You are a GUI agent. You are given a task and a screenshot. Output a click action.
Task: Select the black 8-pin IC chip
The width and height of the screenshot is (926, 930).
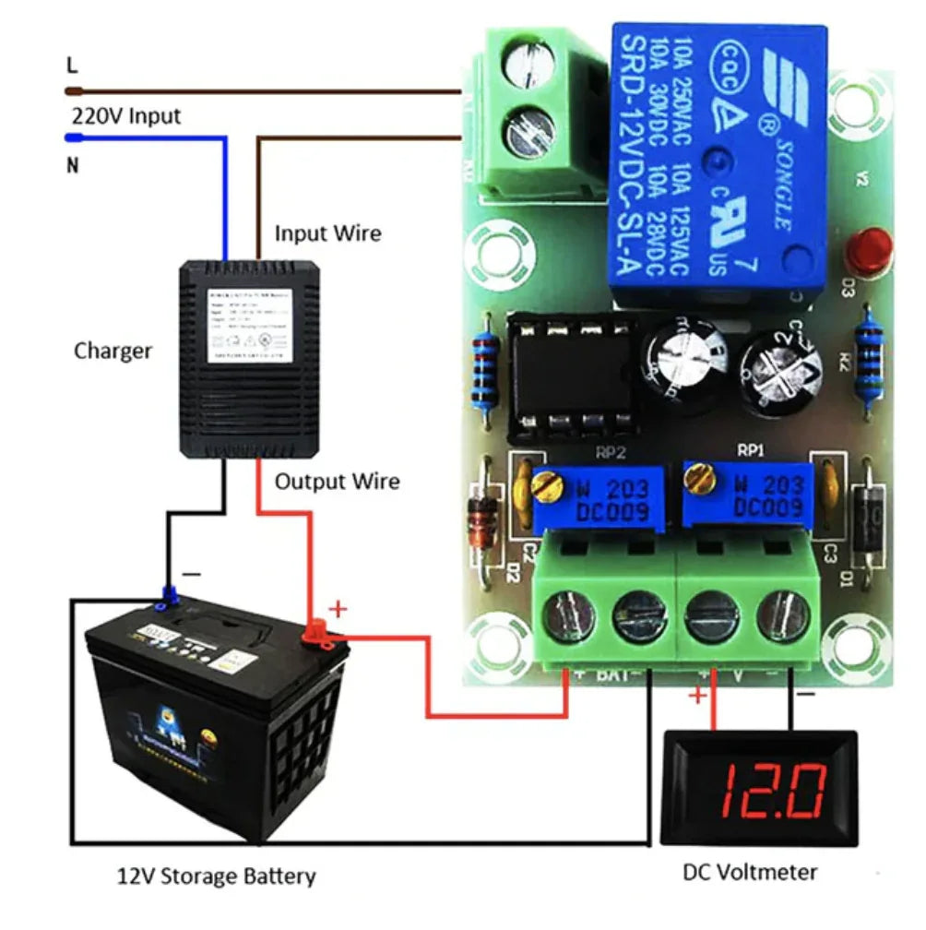[x=573, y=375]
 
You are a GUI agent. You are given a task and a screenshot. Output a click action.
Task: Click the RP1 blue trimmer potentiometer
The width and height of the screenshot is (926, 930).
[x=747, y=495]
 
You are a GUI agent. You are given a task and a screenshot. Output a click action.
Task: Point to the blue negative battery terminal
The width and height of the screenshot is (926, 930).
[x=169, y=597]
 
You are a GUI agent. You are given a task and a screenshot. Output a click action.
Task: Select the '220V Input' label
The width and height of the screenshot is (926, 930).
[x=126, y=116]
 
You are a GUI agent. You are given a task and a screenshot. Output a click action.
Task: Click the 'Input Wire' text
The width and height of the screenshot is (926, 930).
[x=327, y=233]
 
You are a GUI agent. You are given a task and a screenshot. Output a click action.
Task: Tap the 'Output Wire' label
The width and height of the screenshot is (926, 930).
[x=338, y=482]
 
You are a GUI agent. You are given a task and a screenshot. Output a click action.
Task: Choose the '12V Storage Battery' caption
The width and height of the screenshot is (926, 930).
[x=217, y=876]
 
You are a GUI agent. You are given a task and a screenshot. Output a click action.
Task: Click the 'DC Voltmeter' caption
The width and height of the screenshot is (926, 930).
[x=750, y=872]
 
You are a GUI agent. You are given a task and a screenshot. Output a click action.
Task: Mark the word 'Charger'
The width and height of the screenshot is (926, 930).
[x=113, y=351]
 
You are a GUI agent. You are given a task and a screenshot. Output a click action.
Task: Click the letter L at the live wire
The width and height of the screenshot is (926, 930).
[x=72, y=66]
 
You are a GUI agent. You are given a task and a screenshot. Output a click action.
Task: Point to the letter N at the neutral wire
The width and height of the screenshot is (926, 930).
[x=72, y=167]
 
